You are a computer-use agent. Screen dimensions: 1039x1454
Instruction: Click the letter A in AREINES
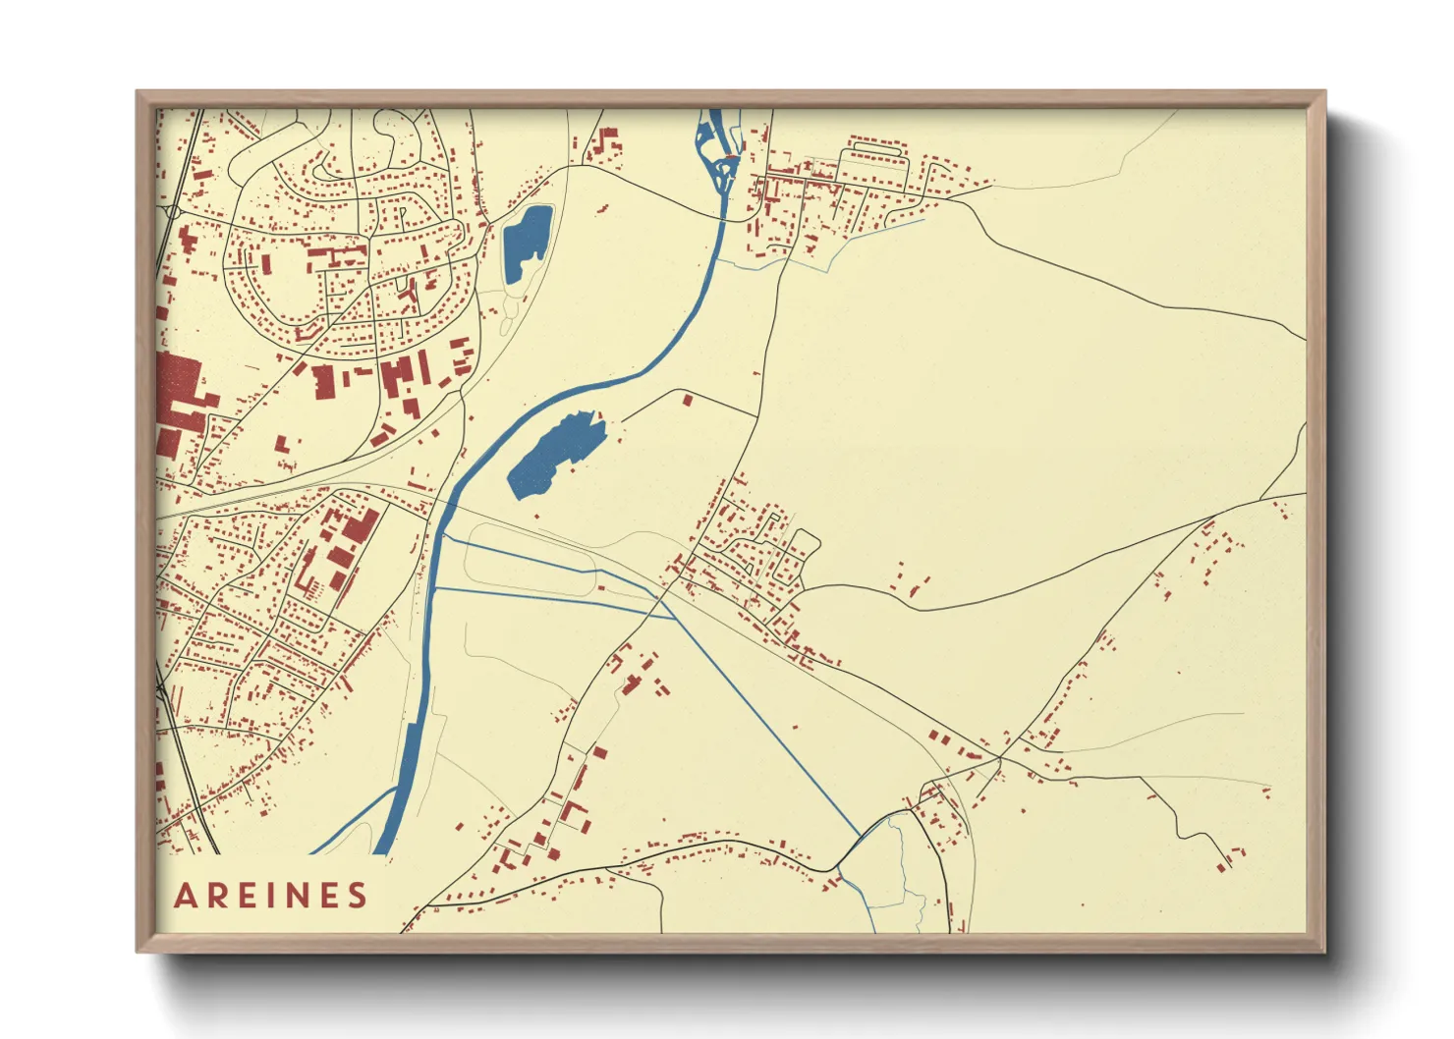pos(186,896)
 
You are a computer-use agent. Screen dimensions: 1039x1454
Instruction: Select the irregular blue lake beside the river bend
pos(554,454)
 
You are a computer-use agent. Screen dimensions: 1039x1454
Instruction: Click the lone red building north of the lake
pos(688,400)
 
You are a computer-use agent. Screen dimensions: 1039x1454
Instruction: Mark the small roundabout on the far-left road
pos(173,210)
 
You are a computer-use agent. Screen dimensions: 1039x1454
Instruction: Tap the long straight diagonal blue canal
pos(766,727)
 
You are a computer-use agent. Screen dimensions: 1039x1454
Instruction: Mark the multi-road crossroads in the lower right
pos(1000,758)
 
